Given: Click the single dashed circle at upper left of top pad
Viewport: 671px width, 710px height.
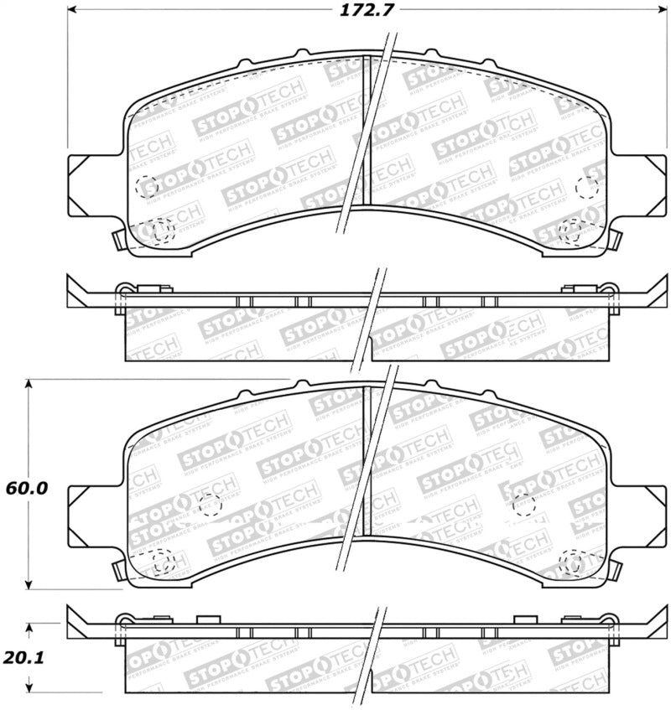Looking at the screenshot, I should pos(145,185).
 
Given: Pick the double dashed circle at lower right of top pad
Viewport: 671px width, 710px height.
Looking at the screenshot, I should pos(571,230).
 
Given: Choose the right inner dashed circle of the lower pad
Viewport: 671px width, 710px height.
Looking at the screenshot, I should pos(523,504).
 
